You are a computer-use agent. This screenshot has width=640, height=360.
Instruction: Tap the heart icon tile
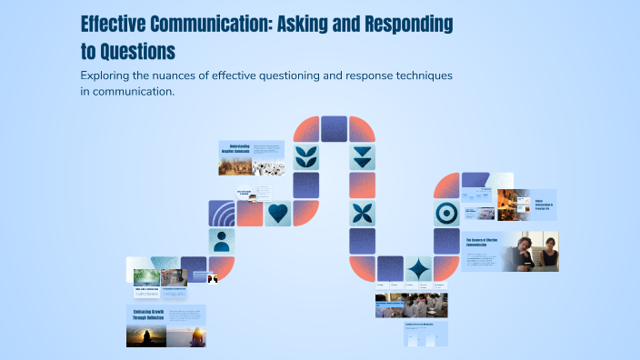pos(278,213)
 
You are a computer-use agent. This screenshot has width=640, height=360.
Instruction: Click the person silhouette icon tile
pos(221,241)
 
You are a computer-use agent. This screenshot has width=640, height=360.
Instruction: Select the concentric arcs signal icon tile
pos(221,213)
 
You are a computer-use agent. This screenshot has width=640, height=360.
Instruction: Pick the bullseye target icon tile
pos(446,213)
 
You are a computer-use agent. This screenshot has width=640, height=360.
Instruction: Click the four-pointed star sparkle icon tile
pos(418,269)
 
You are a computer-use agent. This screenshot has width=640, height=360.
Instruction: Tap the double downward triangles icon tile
pos(362,156)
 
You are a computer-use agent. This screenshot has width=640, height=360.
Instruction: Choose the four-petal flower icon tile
pos(362,213)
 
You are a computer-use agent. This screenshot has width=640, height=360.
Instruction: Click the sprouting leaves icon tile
pos(306,156)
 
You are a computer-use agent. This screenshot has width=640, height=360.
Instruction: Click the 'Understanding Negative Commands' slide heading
pos(235,148)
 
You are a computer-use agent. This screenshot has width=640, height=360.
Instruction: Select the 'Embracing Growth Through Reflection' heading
pos(146,315)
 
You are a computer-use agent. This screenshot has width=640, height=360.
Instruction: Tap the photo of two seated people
pos(535,251)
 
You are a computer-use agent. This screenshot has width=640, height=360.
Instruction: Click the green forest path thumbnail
pos(146,276)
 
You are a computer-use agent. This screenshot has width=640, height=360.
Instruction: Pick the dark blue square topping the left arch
pos(335,128)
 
